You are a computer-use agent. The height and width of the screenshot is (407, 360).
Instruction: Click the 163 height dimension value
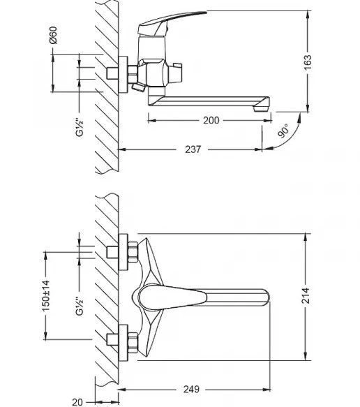pos(308,62)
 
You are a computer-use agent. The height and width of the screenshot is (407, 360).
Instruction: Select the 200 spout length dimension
pos(211,121)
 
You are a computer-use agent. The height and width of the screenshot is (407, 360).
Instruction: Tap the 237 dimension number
pos(193,149)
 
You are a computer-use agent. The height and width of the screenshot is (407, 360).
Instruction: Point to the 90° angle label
pos(283,131)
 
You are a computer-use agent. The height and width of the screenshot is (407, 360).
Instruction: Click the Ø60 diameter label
pos(53,35)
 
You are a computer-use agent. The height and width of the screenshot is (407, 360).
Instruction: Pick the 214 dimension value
pos(306,295)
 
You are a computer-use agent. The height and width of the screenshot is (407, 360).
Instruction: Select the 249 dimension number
pos(191,390)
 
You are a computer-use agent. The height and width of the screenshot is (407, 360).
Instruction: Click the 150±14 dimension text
pos(46,296)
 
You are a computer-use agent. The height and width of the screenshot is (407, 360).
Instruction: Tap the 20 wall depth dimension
pos(77,402)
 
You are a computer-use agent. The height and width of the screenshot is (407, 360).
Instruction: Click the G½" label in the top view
pos(80,127)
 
